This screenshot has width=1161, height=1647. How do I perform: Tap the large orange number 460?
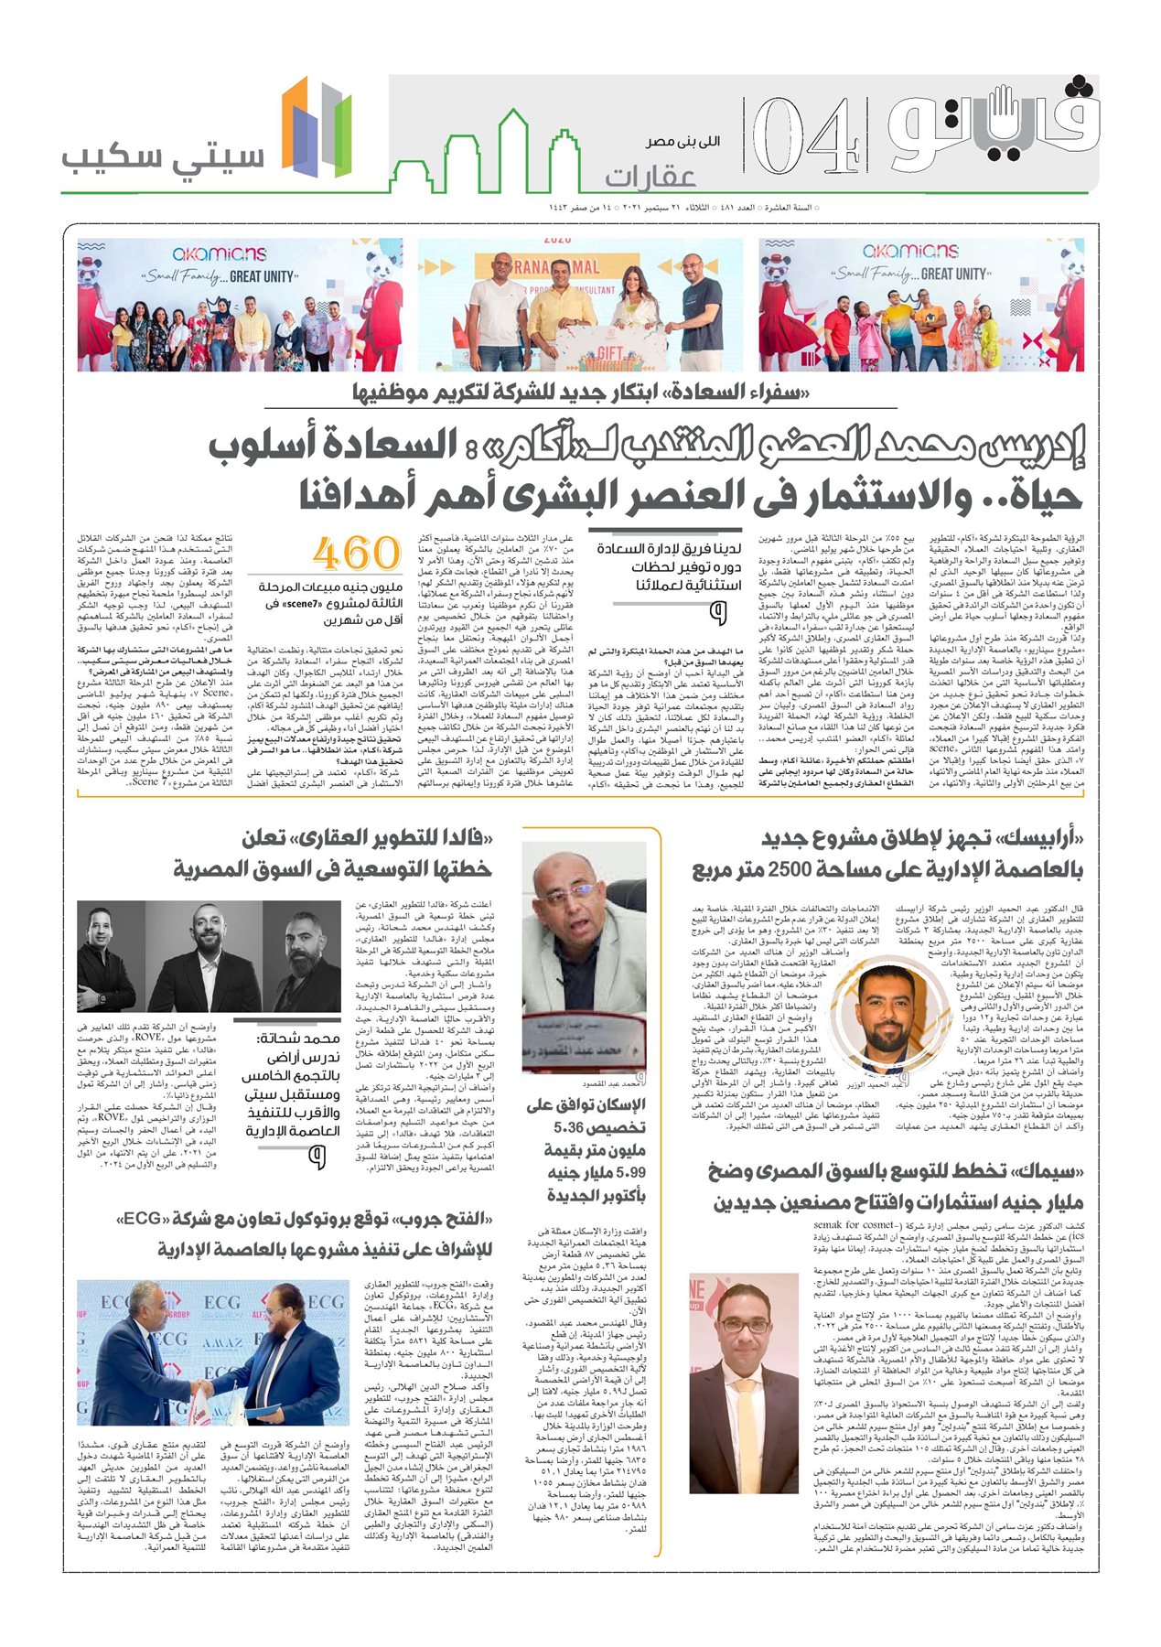click(356, 554)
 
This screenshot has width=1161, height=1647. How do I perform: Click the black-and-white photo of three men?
click(209, 956)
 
